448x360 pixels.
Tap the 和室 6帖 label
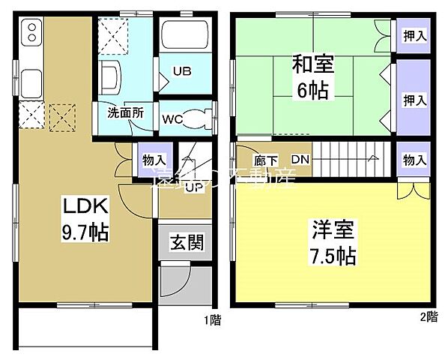point(313,78)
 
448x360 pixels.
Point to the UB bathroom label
point(182,72)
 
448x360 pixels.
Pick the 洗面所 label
point(125,114)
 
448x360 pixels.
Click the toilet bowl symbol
point(196,118)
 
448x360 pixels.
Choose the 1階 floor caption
point(211,319)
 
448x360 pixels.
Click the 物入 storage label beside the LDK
point(154,160)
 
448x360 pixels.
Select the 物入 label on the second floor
point(414,159)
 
